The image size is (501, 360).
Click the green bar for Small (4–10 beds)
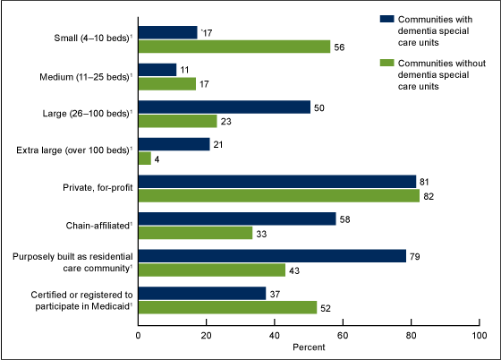click(234, 47)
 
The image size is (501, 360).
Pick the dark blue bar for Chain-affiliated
click(236, 219)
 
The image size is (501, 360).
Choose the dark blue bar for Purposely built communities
click(272, 256)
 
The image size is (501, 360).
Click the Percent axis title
click(309, 347)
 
